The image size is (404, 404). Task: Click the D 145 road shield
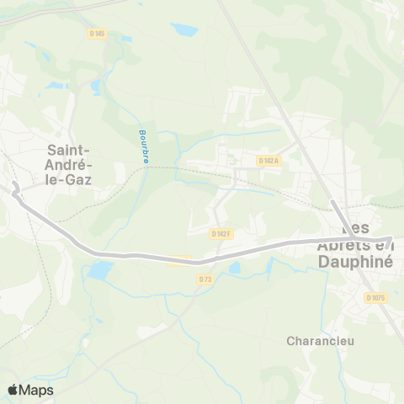(97, 33)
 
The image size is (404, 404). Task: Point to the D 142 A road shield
(268, 160)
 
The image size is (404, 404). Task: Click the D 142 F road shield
(221, 233)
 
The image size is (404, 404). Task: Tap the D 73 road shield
(205, 279)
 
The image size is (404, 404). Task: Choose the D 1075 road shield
(376, 298)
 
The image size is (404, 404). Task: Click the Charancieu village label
(319, 342)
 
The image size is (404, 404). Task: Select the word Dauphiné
(364, 262)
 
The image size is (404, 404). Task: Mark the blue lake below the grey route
(99, 271)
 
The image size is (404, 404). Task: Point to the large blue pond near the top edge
(183, 31)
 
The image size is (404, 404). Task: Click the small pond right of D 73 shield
(234, 268)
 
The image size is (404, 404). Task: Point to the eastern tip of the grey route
(391, 239)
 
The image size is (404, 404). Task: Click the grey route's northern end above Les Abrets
(334, 203)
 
